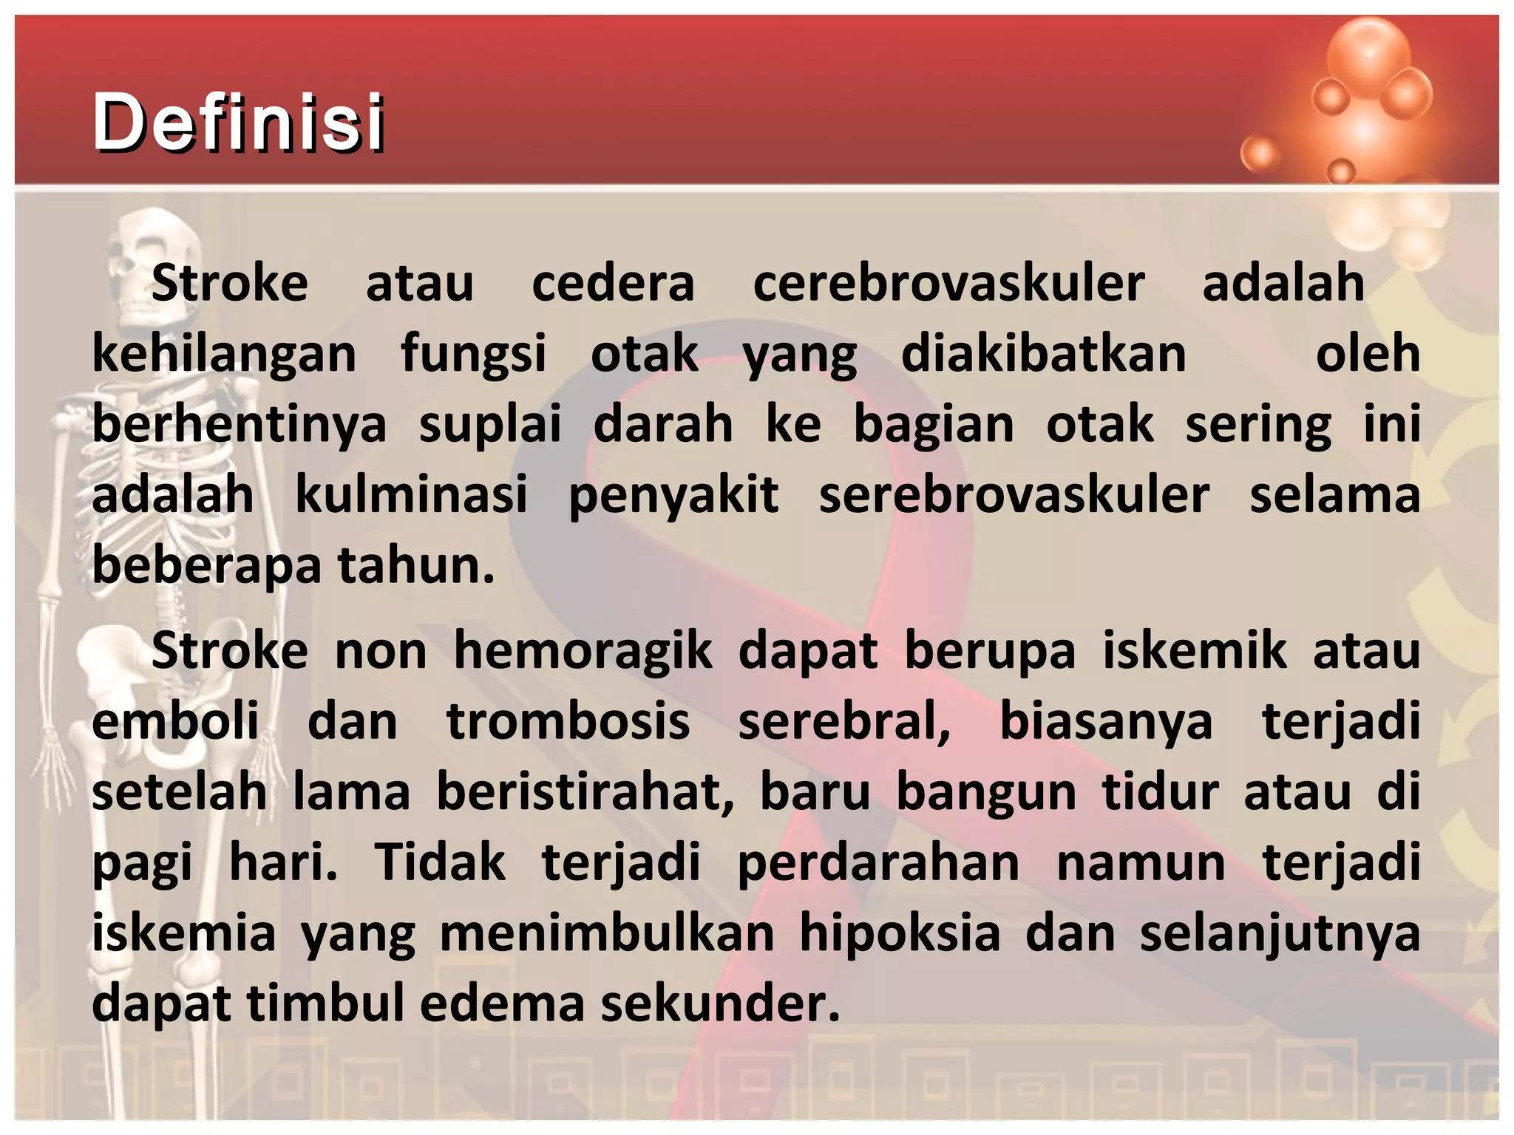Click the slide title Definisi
click(238, 122)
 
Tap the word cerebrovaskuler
click(948, 283)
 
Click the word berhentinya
click(239, 424)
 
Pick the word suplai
click(490, 424)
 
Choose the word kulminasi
click(411, 494)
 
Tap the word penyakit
click(673, 494)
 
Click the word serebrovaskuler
click(1014, 494)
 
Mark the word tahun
click(415, 565)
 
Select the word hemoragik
click(583, 651)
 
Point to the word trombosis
click(568, 721)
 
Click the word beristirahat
click(585, 792)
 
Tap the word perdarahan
click(878, 862)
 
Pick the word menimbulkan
click(607, 933)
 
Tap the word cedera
click(613, 283)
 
